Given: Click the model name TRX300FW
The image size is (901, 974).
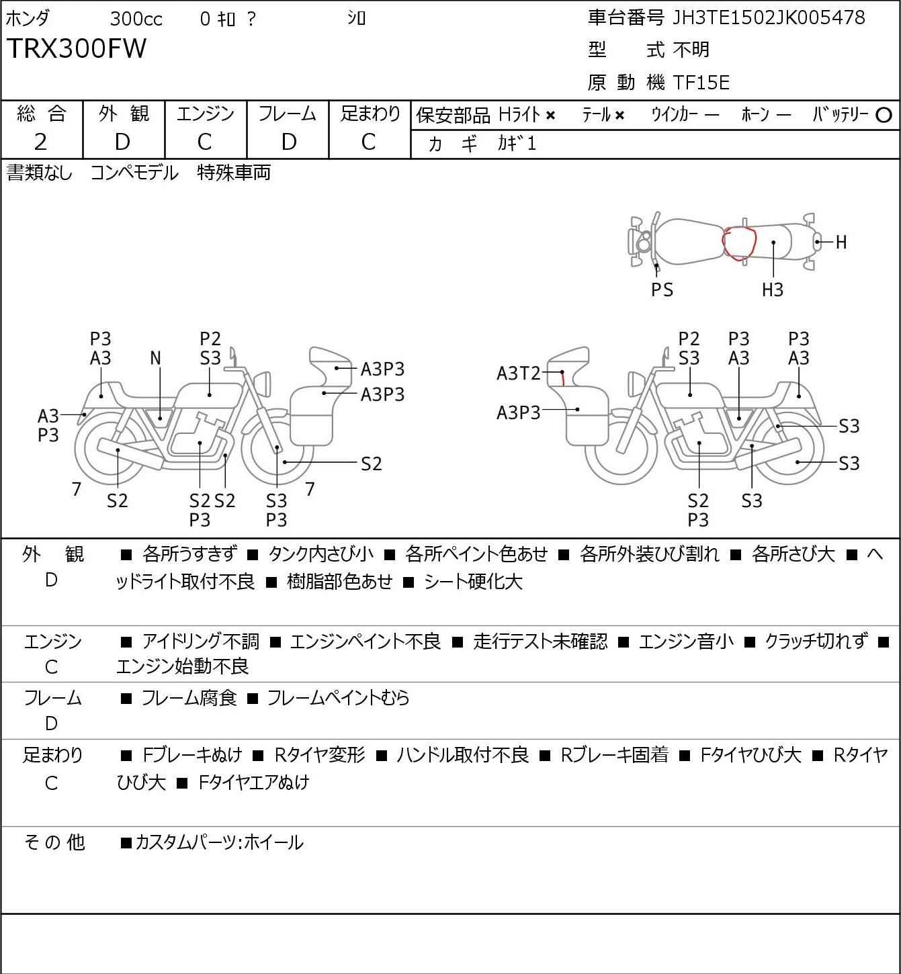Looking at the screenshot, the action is click(77, 48).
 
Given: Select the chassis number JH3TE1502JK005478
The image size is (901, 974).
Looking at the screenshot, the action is click(768, 17).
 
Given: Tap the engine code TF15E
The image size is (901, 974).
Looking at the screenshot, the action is click(701, 83).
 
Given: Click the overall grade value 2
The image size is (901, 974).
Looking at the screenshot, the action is click(41, 142).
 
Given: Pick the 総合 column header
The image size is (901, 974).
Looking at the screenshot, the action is click(41, 114).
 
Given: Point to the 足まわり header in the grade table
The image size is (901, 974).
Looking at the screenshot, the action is click(370, 114).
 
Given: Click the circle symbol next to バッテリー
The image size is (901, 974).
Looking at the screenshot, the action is click(884, 115).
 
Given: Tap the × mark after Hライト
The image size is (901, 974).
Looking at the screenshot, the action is click(550, 116).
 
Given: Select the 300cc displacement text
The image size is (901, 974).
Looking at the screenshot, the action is click(136, 19).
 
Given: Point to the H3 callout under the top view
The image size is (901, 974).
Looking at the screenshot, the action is click(773, 290).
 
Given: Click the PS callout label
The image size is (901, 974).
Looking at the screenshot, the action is click(662, 290).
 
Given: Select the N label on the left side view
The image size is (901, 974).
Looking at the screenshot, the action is click(156, 359).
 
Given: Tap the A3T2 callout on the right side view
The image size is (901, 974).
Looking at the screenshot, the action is click(518, 373).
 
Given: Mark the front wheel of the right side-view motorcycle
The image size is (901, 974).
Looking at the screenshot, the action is click(621, 449).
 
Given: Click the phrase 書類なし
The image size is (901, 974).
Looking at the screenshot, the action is click(39, 173).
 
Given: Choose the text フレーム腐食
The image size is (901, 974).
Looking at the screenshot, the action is click(189, 698).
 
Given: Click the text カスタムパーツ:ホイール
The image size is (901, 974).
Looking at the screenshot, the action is click(219, 842).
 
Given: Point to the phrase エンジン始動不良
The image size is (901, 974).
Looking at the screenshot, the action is click(183, 666).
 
